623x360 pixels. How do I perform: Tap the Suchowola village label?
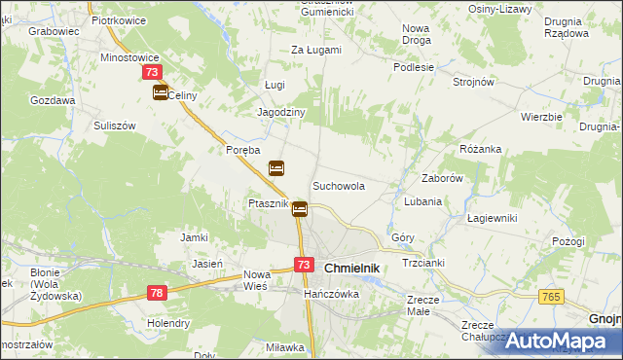pos(338,185)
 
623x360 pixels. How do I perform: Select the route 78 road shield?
pos(158,292)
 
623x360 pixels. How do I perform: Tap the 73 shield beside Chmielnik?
pos(304,265)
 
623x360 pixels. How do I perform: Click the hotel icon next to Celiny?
pos(160,92)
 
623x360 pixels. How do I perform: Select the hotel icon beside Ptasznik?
pos(300,207)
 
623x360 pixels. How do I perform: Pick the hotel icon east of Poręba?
pos(276,168)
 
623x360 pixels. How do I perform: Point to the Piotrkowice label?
pos(118,19)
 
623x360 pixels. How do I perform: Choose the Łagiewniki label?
pos(489,218)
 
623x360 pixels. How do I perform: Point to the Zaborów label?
pos(441,179)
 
